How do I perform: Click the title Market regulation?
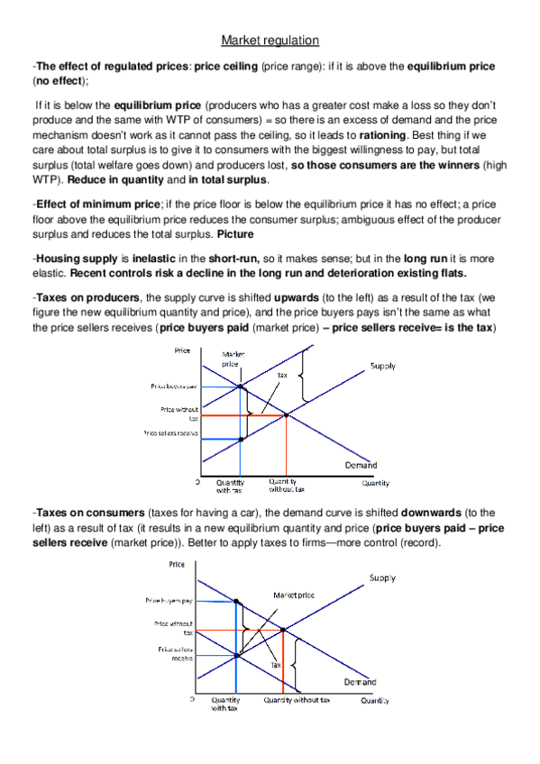point(270,40)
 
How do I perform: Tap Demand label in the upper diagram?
point(361,465)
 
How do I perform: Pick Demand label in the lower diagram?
point(360,682)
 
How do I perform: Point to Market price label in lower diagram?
point(294,596)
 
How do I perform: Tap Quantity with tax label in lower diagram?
point(225,704)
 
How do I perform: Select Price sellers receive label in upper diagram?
point(170,433)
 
